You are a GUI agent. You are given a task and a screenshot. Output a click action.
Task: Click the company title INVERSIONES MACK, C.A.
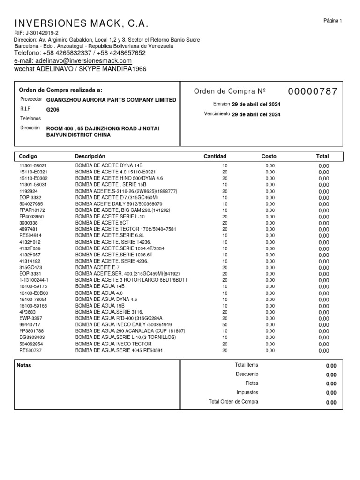point(82,24)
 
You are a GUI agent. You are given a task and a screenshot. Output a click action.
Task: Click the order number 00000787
point(313,91)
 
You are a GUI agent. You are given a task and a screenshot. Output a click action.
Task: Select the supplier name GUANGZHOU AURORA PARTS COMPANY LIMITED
point(111,100)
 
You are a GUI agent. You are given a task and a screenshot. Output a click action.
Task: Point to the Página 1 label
point(333,21)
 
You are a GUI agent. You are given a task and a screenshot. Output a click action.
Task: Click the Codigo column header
point(28,156)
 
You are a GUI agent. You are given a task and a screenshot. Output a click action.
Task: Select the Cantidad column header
point(215,156)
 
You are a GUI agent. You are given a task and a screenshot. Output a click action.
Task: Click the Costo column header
point(269,156)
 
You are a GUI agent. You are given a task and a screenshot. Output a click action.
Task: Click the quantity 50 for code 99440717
point(225,324)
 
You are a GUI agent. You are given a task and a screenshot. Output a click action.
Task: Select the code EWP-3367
point(31,318)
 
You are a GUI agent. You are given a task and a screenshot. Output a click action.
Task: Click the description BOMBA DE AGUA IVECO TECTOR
point(113,344)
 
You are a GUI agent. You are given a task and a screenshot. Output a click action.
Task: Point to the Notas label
point(24,365)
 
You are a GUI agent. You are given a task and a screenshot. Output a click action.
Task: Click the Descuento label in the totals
point(247,374)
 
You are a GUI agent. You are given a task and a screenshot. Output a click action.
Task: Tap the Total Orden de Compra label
point(233,402)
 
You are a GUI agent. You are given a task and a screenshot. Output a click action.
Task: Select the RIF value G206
point(52,109)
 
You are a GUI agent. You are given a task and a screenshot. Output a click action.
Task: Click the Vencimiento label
point(217,114)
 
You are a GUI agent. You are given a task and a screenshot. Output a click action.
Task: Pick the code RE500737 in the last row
point(30,350)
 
